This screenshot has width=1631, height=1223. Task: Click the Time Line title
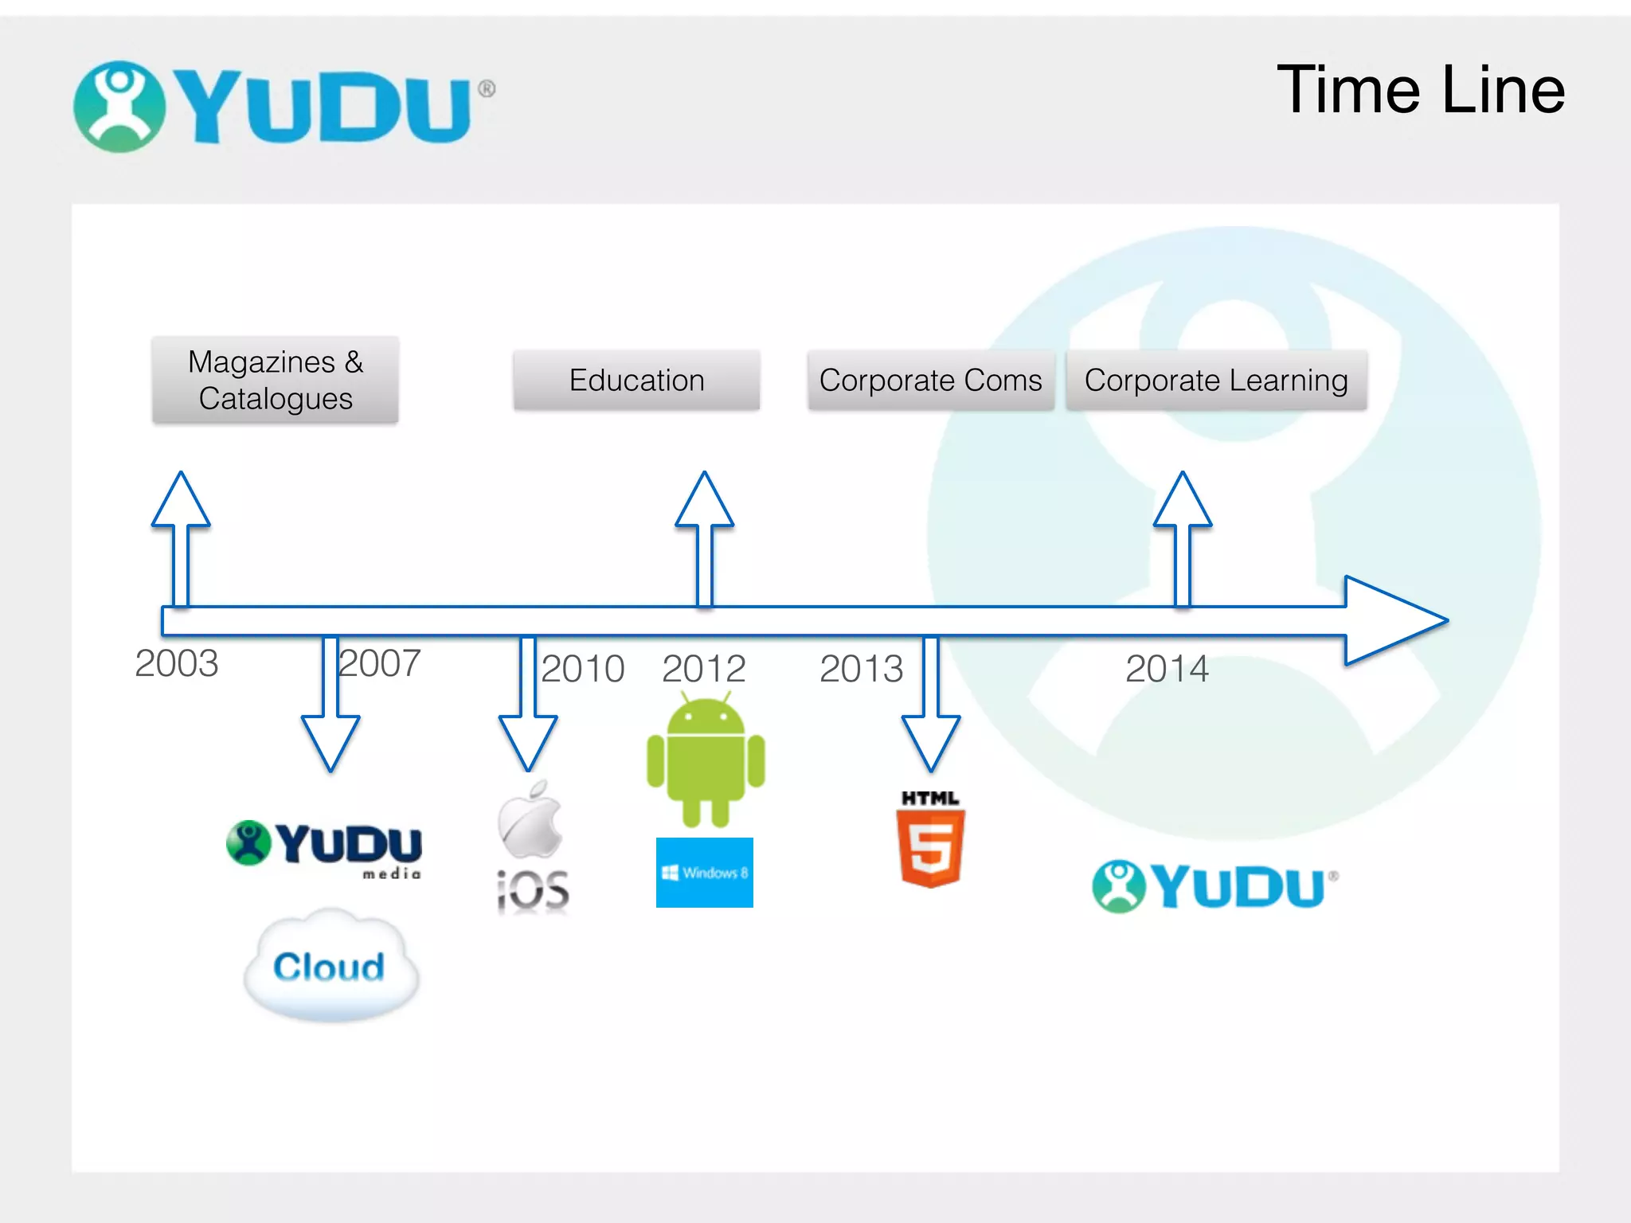(1421, 90)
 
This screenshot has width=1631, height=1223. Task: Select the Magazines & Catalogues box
(276, 380)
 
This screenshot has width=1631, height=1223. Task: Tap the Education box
(636, 381)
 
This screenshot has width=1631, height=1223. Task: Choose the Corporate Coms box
(930, 381)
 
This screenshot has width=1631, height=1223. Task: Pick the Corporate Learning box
(1216, 381)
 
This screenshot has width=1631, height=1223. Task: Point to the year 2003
(176, 663)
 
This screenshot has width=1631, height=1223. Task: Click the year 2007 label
(380, 663)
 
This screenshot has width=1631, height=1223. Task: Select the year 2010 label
(582, 669)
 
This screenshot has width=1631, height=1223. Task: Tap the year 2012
(703, 669)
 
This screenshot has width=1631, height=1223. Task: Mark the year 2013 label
(861, 669)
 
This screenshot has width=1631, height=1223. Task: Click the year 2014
(1167, 669)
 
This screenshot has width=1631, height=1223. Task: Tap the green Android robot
(706, 760)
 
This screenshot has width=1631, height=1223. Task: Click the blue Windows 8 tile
(705, 873)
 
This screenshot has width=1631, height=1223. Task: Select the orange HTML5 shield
(930, 846)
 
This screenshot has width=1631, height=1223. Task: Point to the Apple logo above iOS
(530, 820)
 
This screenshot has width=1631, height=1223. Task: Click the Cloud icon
(331, 966)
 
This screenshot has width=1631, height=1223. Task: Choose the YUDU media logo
(325, 847)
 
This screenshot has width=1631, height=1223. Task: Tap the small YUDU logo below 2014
(1214, 886)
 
